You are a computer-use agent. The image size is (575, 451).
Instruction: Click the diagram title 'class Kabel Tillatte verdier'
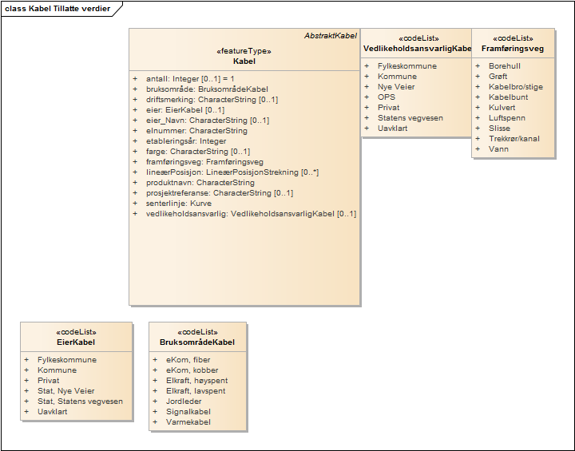click(x=57, y=9)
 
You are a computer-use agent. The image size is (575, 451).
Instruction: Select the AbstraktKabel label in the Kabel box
click(x=331, y=36)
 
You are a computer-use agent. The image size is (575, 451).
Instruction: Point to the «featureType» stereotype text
click(x=244, y=51)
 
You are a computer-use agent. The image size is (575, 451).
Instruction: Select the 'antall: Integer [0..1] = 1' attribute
click(x=191, y=79)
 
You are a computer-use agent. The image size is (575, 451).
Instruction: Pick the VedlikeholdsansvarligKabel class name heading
click(x=417, y=49)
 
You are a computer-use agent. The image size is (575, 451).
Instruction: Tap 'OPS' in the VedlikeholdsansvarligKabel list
click(x=387, y=97)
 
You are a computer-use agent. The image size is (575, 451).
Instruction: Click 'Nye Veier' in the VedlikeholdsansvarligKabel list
click(x=396, y=87)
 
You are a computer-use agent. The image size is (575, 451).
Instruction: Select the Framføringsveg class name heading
click(x=513, y=49)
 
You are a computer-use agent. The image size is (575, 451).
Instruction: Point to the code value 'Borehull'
click(x=505, y=66)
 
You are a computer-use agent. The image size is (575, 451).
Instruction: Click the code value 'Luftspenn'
click(x=507, y=118)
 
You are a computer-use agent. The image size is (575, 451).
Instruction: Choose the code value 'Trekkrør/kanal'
click(x=514, y=139)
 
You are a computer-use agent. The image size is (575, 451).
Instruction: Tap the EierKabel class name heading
click(x=77, y=342)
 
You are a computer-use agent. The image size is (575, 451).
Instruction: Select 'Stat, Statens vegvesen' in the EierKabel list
click(x=80, y=402)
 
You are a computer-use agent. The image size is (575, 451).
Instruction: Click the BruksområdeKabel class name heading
click(x=197, y=342)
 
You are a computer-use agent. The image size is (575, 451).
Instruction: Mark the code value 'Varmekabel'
click(x=188, y=422)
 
